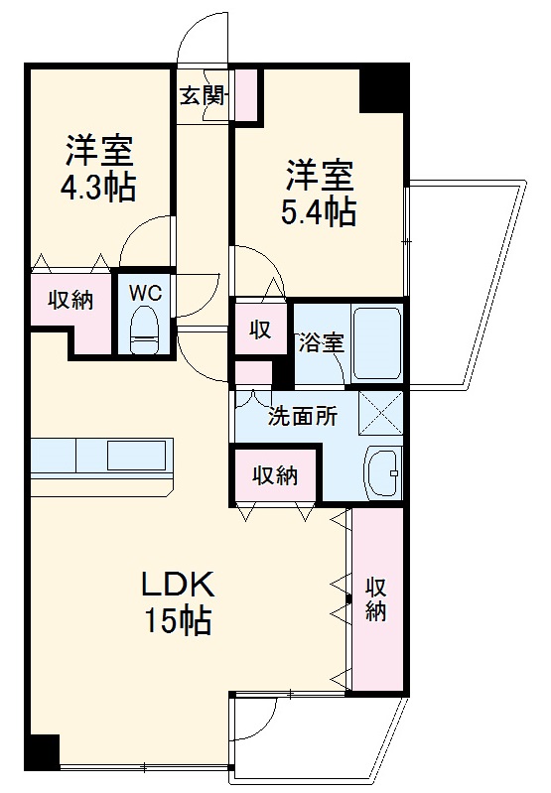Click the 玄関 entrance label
point(203,95)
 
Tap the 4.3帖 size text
point(100,188)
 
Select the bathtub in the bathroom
point(377,342)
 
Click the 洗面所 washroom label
point(302,417)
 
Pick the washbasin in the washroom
point(382,474)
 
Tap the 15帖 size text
point(178,621)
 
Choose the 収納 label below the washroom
point(274,476)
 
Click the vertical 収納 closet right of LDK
point(375,598)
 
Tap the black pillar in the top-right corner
point(383,87)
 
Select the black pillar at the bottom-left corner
point(43,752)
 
